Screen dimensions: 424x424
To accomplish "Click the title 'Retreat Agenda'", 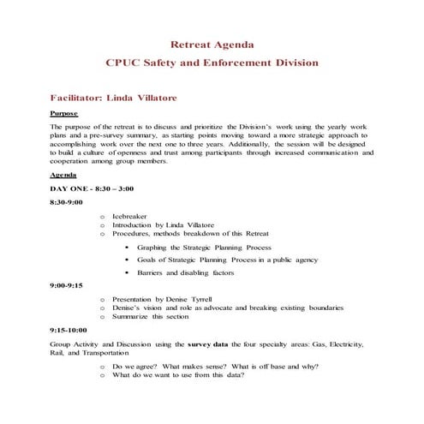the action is pos(212,44).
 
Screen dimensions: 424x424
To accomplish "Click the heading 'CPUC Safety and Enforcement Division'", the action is pos(212,63).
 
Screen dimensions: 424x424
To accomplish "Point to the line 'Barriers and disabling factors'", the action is pos(185,272).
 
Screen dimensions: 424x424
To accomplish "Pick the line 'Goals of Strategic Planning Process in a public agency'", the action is pos(227,259).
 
